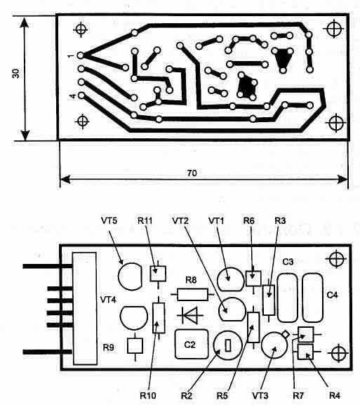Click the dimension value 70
click(x=192, y=173)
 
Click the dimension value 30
click(x=16, y=74)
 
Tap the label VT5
click(x=109, y=221)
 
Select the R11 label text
click(x=145, y=221)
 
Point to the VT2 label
click(x=180, y=221)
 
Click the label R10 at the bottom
click(x=148, y=395)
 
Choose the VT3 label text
click(x=260, y=395)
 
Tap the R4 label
click(x=335, y=395)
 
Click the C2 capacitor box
click(x=192, y=344)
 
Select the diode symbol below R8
click(x=190, y=315)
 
